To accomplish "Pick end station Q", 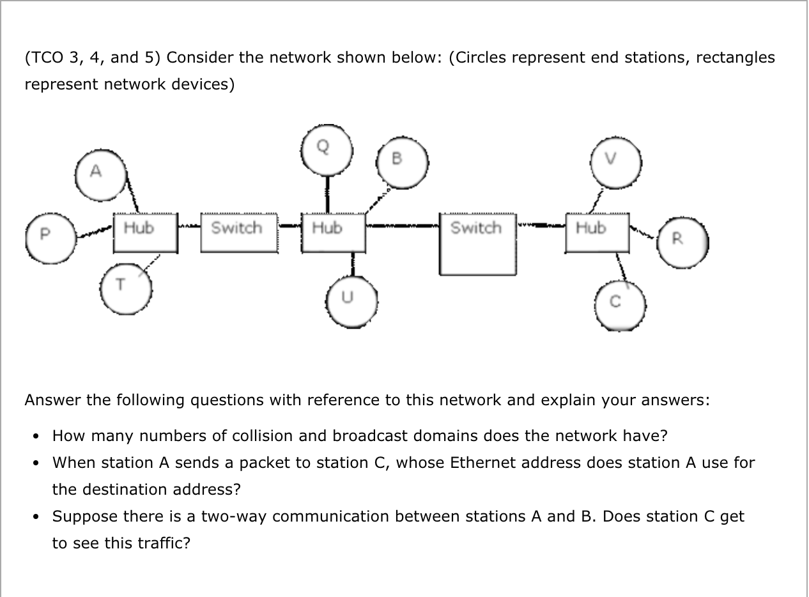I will (x=328, y=150).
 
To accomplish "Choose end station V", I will (x=615, y=163).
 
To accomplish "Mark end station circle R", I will (x=682, y=242).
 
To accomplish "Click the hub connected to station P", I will (x=144, y=233).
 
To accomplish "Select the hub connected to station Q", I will (x=333, y=233).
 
